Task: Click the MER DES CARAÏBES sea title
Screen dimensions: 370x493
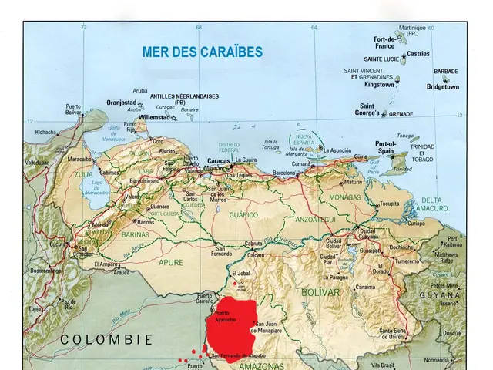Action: (x=202, y=52)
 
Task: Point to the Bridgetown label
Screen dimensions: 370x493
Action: (x=442, y=87)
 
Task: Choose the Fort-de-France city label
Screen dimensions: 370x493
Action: (x=384, y=42)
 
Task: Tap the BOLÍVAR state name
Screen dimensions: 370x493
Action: (x=320, y=293)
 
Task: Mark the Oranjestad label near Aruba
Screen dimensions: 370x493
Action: (x=121, y=102)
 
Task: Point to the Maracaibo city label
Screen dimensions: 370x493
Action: (x=80, y=160)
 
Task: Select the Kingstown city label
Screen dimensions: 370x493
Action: (x=378, y=85)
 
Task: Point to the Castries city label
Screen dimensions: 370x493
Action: (x=418, y=54)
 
